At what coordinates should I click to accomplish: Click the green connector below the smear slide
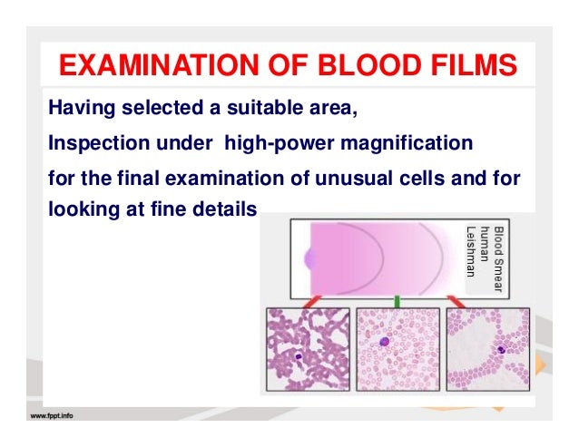tap(396, 301)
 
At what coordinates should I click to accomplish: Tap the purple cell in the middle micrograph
tap(385, 343)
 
